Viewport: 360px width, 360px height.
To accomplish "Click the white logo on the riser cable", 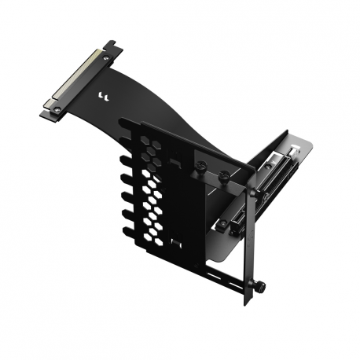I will point(101,97).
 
